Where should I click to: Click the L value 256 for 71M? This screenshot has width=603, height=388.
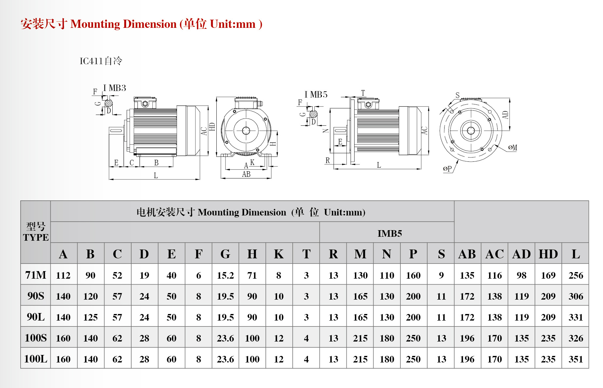tap(576, 275)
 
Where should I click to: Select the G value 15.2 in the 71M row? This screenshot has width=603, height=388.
tap(225, 275)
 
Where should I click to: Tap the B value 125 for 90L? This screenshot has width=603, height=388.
tap(90, 317)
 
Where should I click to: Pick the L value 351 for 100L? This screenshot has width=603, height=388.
tap(576, 359)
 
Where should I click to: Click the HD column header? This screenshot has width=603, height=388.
tap(548, 254)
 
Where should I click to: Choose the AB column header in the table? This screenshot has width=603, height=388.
tap(467, 254)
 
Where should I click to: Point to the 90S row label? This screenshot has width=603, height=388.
tap(36, 296)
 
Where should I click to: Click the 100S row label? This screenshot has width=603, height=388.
tap(36, 338)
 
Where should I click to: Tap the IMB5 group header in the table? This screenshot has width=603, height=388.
tap(390, 233)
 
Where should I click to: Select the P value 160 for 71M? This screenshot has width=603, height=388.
tap(413, 275)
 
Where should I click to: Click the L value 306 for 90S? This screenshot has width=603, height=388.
tap(576, 296)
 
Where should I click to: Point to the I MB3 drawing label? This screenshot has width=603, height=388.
tap(115, 88)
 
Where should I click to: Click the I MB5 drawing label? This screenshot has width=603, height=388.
tap(316, 95)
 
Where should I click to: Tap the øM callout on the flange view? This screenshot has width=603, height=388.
tap(513, 148)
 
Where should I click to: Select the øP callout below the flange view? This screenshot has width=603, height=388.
tap(447, 169)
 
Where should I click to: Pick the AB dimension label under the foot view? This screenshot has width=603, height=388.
tap(246, 175)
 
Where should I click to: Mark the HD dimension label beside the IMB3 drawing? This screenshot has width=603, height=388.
tap(212, 127)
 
